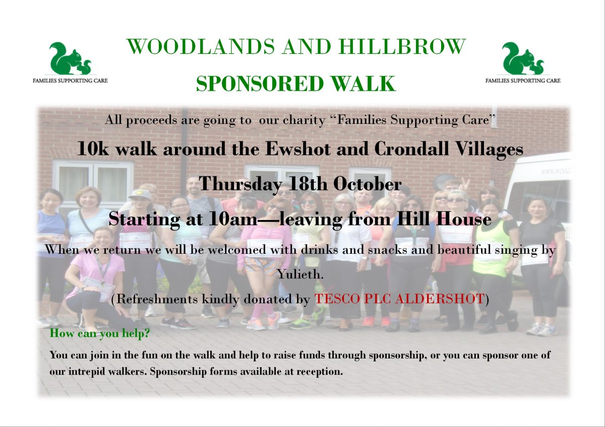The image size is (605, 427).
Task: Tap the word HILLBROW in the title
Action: click(x=403, y=47)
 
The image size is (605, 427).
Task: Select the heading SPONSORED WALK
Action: click(x=296, y=84)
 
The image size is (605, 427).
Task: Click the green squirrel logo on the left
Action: click(x=70, y=59)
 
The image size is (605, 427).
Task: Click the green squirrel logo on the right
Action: click(x=523, y=59)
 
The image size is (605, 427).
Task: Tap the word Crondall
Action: click(x=408, y=149)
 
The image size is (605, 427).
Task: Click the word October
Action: click(x=367, y=184)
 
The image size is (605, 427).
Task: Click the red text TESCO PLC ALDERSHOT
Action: click(x=399, y=299)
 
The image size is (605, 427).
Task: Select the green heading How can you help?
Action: click(x=99, y=333)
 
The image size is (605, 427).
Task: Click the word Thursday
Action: click(x=241, y=184)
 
